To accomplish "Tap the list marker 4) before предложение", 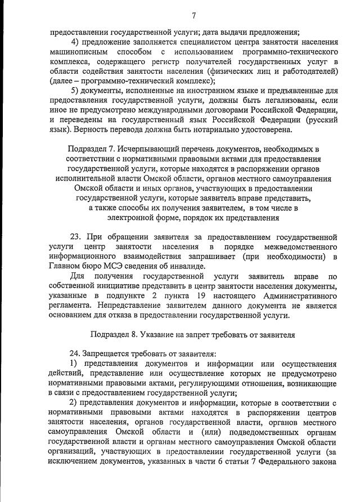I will tap(76, 42).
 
